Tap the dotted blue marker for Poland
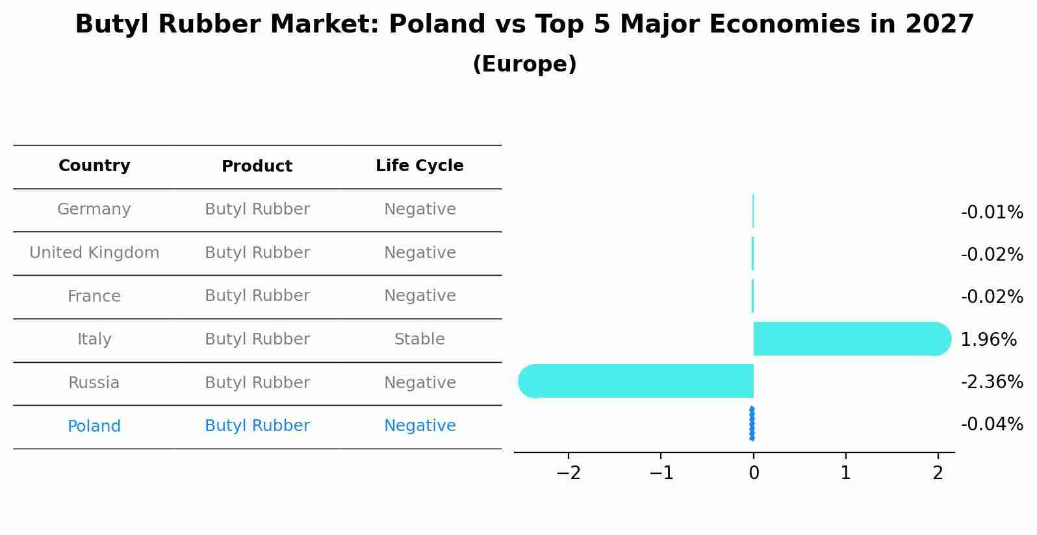tap(752, 424)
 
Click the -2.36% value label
tap(992, 382)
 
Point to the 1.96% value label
tap(988, 339)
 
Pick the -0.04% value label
tap(992, 424)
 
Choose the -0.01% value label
tap(992, 212)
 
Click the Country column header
tap(94, 166)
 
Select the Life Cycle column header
tap(419, 166)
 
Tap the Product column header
tap(257, 166)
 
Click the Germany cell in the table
tap(94, 209)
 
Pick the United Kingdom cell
tap(94, 253)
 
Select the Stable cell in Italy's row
tap(419, 339)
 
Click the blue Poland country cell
tap(94, 426)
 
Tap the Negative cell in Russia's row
tap(419, 383)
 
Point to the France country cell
tap(94, 296)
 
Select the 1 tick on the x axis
tap(845, 473)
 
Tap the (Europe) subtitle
tap(524, 64)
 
